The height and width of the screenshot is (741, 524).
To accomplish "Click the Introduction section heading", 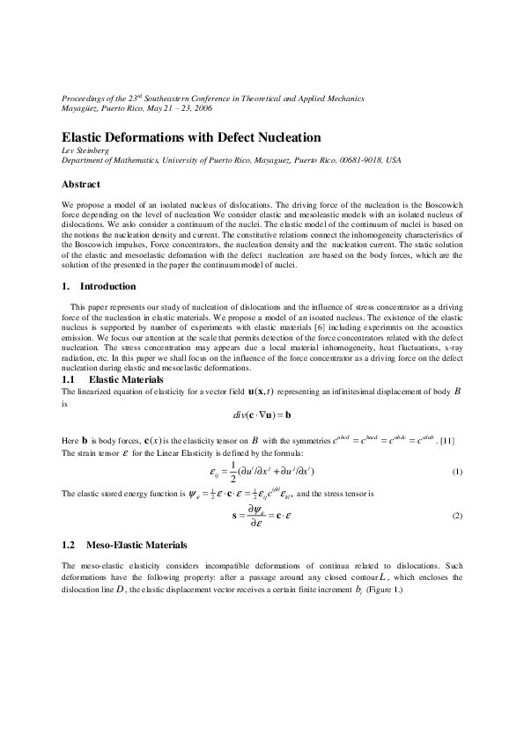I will pyautogui.click(x=107, y=286).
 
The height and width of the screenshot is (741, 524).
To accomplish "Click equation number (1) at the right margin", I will pyautogui.click(x=456, y=473).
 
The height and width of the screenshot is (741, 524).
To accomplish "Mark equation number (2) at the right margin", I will pyautogui.click(x=456, y=514).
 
